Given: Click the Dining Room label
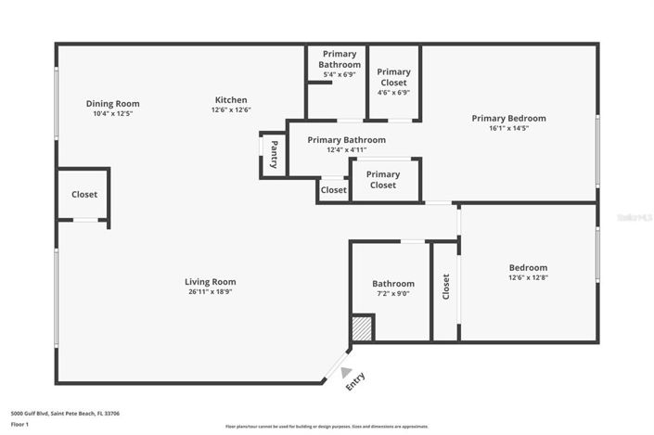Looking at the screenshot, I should pyautogui.click(x=112, y=103).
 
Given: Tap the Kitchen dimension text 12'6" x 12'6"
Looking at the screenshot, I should pyautogui.click(x=231, y=109).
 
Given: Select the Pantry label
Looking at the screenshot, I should pyautogui.click(x=275, y=153).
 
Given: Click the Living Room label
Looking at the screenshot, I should pyautogui.click(x=210, y=282).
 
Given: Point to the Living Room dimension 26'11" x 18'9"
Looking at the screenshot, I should pyautogui.click(x=210, y=292).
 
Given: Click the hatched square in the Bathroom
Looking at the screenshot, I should pyautogui.click(x=362, y=329).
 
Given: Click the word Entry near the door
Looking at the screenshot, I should pyautogui.click(x=355, y=381).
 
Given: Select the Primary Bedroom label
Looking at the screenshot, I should pyautogui.click(x=508, y=118).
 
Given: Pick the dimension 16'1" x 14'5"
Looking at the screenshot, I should pyautogui.click(x=508, y=128).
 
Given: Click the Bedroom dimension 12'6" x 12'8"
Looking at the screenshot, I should pyautogui.click(x=528, y=277).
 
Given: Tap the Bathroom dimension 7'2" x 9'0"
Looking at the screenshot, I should pyautogui.click(x=393, y=294).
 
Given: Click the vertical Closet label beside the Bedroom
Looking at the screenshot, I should pyautogui.click(x=446, y=286).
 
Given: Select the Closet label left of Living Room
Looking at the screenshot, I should pyautogui.click(x=84, y=195).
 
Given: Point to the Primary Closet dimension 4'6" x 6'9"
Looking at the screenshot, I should pyautogui.click(x=393, y=93).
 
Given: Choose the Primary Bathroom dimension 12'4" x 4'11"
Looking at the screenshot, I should pyautogui.click(x=346, y=150).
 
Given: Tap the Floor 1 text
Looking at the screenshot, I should pyautogui.click(x=19, y=424).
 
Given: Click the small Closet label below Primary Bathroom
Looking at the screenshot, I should pyautogui.click(x=333, y=190).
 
